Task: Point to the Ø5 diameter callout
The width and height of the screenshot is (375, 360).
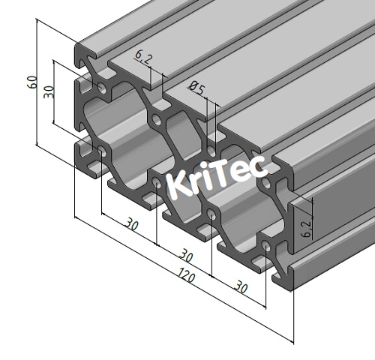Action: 197,89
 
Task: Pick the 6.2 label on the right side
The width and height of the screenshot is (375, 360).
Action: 306,227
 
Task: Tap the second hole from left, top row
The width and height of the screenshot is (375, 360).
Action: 157,118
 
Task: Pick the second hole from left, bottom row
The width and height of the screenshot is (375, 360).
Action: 157,182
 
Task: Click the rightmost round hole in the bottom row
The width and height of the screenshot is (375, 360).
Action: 268,246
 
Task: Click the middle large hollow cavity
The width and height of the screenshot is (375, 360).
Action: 180,161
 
